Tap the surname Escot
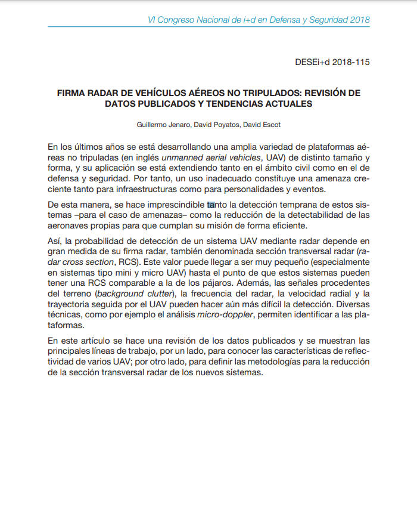[270, 125]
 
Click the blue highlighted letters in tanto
[211, 205]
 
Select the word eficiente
[288, 226]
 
